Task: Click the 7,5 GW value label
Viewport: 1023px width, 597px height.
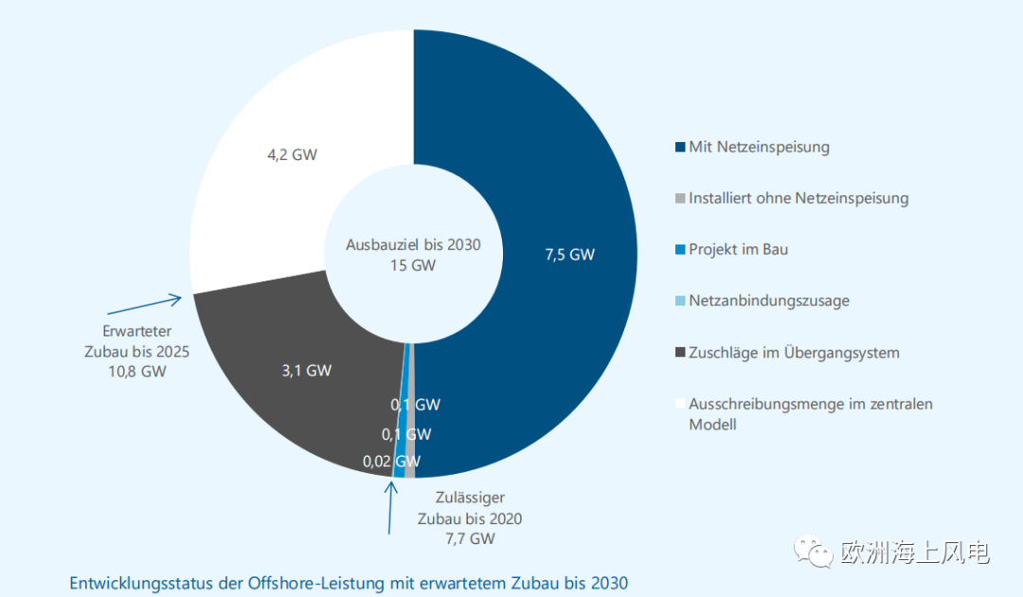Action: point(570,254)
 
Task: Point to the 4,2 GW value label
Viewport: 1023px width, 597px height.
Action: point(292,154)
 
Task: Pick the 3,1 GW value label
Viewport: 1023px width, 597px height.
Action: point(307,371)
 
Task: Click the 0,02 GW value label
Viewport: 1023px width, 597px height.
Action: point(390,462)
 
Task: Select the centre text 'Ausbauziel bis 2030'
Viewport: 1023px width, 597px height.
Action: point(413,244)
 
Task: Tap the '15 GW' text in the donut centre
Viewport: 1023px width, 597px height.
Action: point(413,265)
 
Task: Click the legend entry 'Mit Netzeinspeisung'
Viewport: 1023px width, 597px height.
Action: point(759,147)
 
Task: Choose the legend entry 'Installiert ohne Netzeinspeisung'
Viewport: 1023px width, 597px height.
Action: point(799,198)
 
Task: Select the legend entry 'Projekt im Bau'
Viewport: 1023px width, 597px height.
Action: point(738,249)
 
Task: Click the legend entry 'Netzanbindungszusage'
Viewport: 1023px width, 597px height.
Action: point(768,300)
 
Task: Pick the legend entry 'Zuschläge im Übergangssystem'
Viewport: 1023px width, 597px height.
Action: point(794,353)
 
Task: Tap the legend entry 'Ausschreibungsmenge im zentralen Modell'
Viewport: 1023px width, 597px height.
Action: point(810,414)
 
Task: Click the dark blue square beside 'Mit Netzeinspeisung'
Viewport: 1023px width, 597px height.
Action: point(679,148)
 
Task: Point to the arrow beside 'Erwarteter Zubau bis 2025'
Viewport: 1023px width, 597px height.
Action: point(145,304)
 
